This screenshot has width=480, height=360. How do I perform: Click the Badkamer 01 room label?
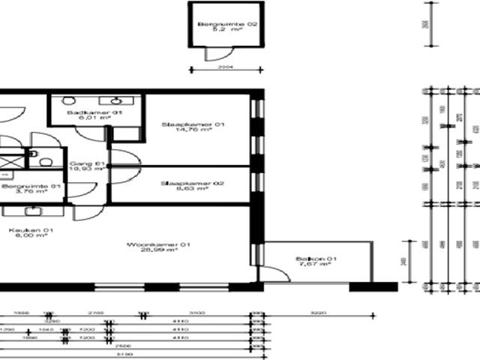[84, 113]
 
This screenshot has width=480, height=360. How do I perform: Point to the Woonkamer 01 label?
[152, 244]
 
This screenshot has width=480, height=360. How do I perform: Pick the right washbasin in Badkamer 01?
[118, 100]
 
